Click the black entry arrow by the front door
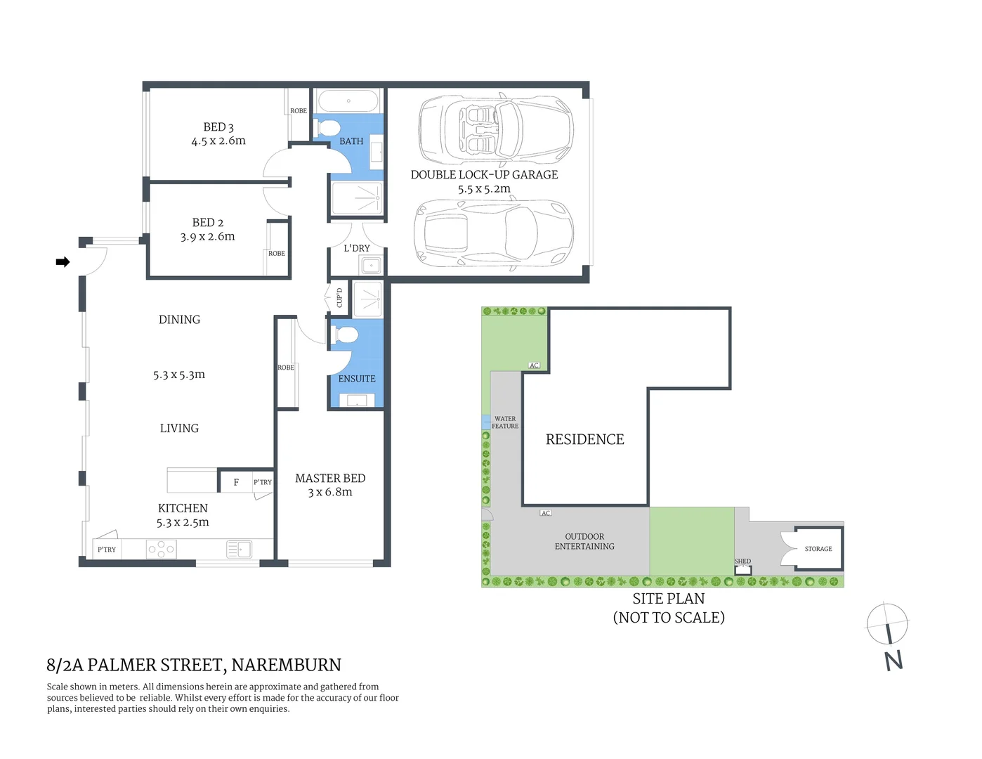click(x=63, y=262)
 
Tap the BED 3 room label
click(x=218, y=127)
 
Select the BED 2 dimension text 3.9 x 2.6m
click(x=207, y=237)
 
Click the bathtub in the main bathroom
click(x=348, y=100)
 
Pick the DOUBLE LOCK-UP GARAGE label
click(x=484, y=175)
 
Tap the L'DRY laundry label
click(x=357, y=248)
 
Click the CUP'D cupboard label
click(x=339, y=297)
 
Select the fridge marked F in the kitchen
click(x=236, y=482)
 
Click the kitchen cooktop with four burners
click(x=161, y=549)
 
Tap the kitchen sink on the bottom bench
click(x=240, y=549)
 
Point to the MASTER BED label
click(x=330, y=479)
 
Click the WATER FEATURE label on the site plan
click(x=505, y=422)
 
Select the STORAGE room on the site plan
click(x=818, y=549)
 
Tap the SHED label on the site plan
click(x=742, y=561)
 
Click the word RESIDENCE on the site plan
click(x=584, y=440)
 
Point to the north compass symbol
click(x=888, y=625)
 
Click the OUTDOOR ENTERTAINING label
click(x=584, y=541)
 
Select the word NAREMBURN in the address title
click(x=286, y=665)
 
